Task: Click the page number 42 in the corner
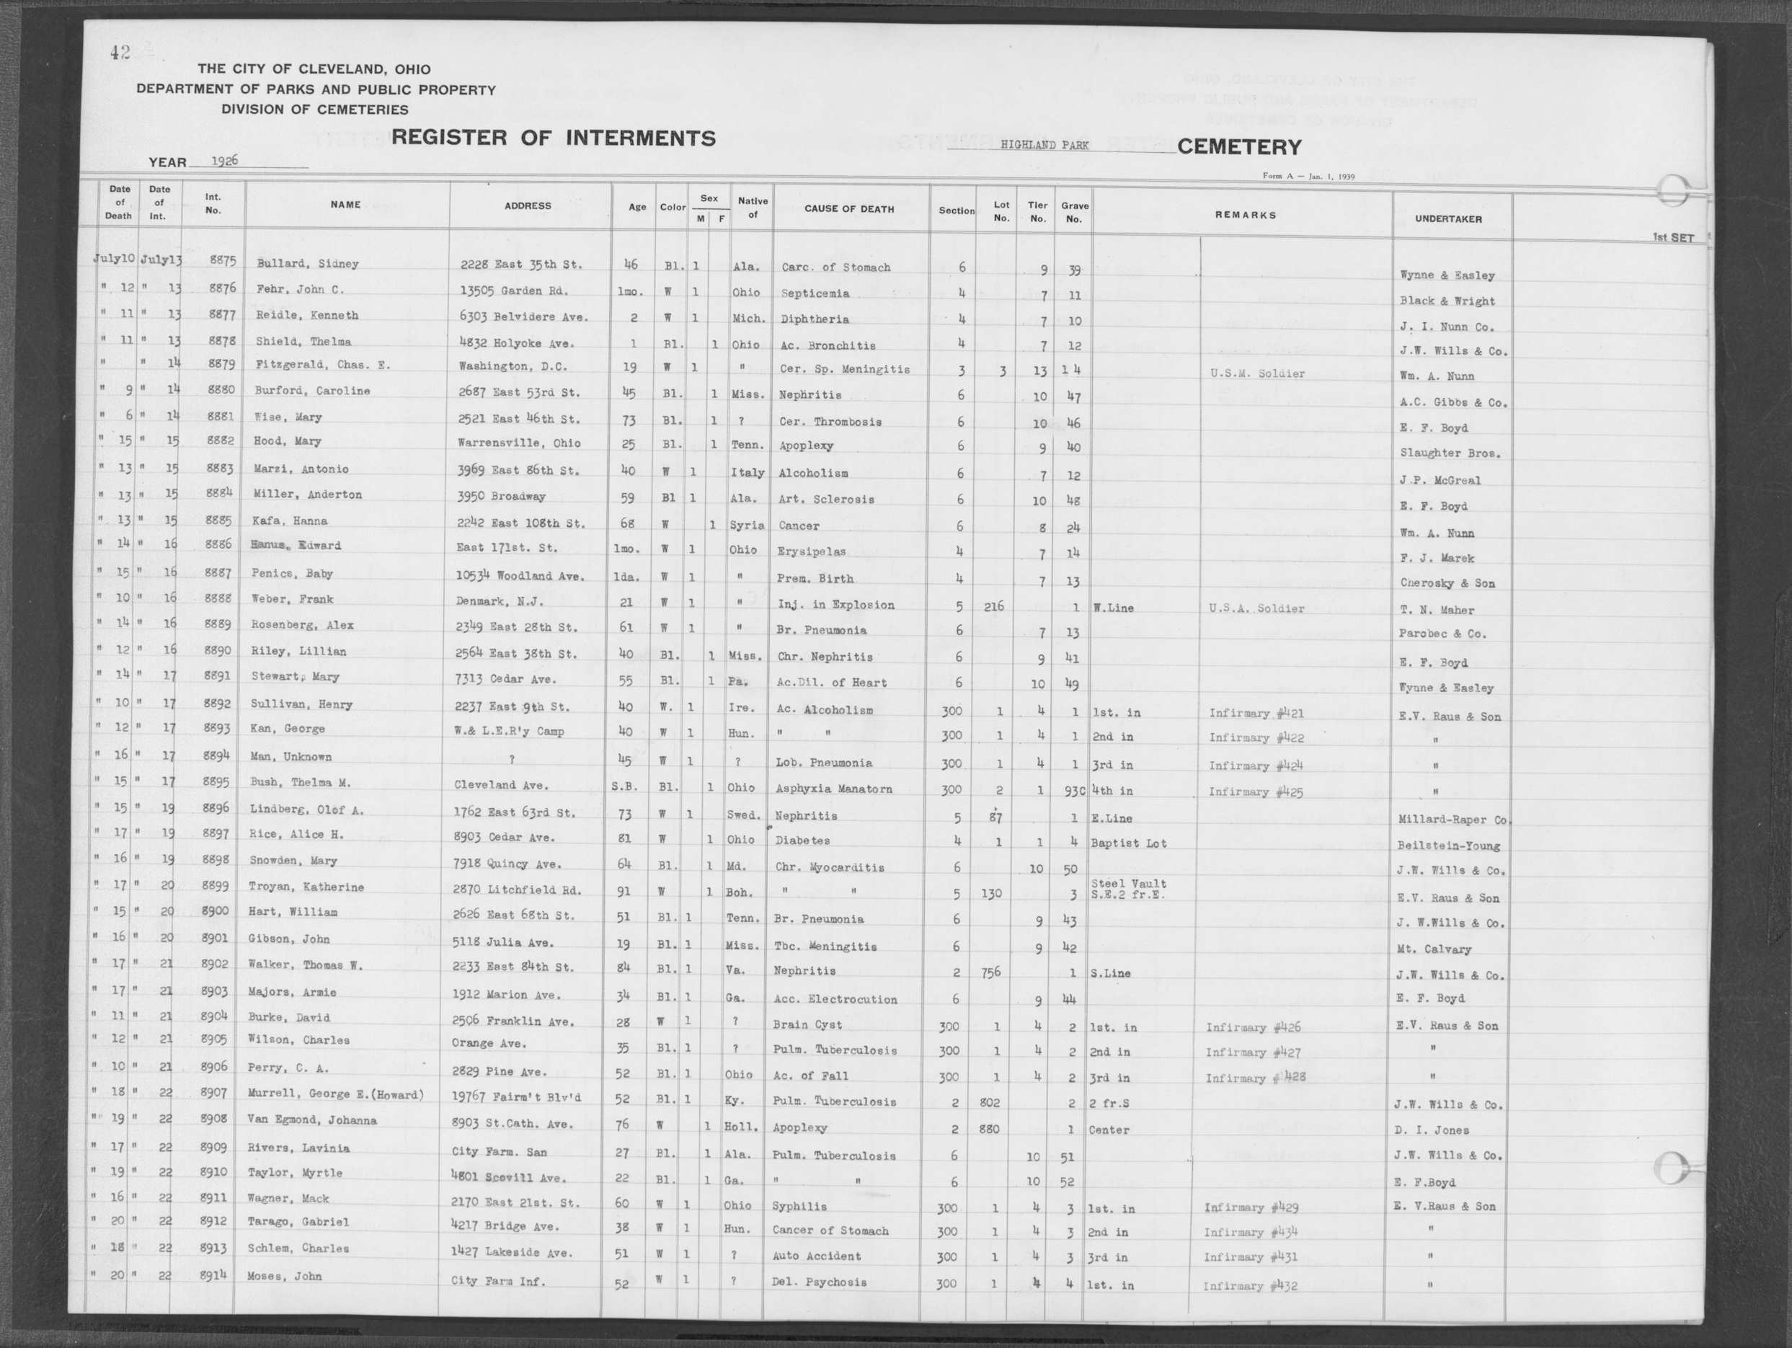[x=120, y=53]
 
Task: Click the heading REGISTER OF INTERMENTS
[x=554, y=138]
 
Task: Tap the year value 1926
[x=224, y=161]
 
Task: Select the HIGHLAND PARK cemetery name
[x=1044, y=145]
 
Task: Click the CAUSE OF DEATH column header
[x=849, y=209]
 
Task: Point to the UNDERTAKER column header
[x=1447, y=218]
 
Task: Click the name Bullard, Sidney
[x=307, y=263]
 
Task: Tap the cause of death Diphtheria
[x=815, y=319]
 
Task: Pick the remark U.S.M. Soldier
[x=1257, y=374]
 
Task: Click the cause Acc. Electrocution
[x=835, y=1000]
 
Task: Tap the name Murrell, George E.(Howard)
[x=335, y=1094]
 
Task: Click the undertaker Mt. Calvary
[x=1433, y=949]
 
